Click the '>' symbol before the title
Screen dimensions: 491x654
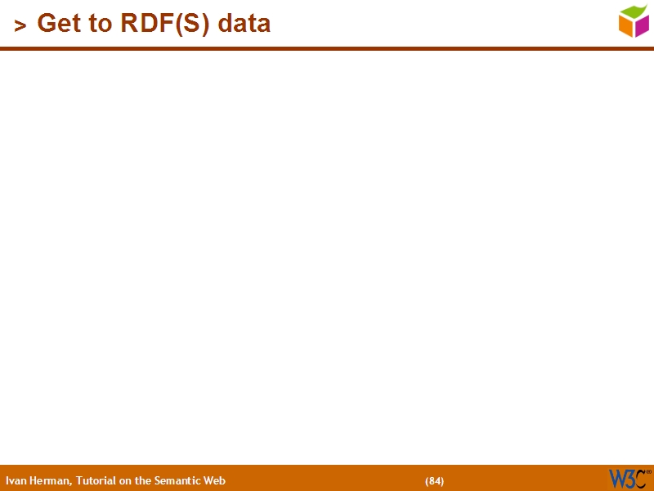tap(20, 26)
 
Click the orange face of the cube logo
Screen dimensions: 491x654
tap(626, 26)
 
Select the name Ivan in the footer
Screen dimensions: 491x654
tap(16, 481)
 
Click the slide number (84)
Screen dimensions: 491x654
tap(435, 481)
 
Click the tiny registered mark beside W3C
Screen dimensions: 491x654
tap(649, 472)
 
